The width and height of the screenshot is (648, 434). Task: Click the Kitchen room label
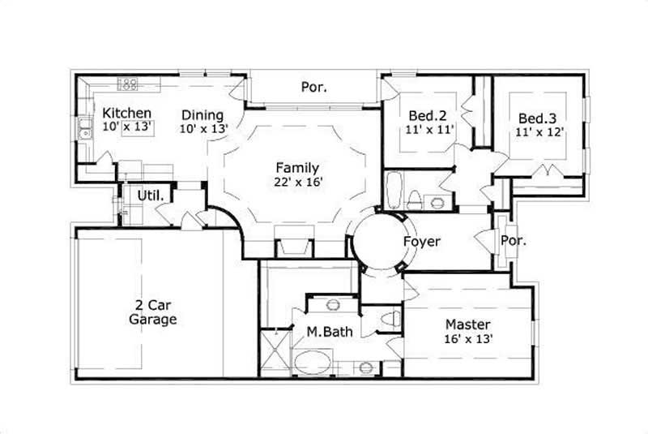point(127,113)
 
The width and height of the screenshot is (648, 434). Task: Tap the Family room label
point(297,168)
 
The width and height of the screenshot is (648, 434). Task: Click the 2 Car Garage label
point(152,312)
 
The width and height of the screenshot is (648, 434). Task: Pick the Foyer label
point(421,241)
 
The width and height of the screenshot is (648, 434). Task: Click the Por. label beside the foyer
point(514,241)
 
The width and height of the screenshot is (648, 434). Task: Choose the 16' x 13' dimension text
point(467,339)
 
